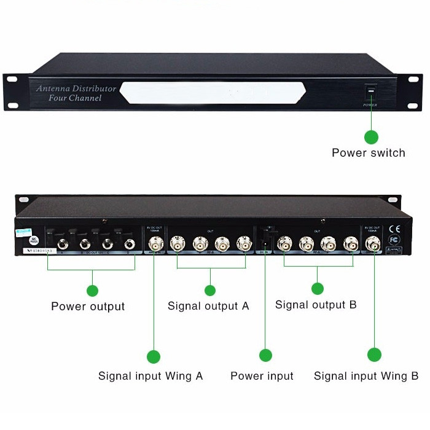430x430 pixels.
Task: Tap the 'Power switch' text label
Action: coord(369,152)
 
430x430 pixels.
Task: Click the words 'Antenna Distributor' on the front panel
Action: coord(76,88)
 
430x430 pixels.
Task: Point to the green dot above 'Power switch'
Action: coord(371,136)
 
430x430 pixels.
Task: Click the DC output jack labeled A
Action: coord(62,244)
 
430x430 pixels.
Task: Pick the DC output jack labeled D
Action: coord(130,244)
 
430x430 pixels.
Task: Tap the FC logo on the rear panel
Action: coord(395,240)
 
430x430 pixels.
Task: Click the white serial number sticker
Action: coord(39,251)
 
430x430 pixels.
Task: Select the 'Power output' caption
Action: coord(88,306)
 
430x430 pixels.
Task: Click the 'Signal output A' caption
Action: coord(208,305)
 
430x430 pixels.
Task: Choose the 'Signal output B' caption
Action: coord(316,304)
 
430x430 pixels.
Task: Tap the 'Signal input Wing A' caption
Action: coord(150,375)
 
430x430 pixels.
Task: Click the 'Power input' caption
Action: coord(262,375)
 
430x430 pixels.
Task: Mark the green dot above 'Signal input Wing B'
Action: coord(374,355)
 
